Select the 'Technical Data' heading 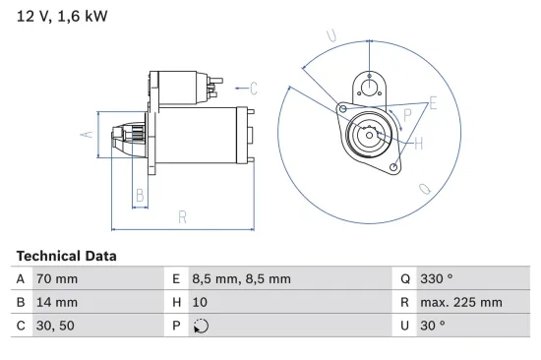click(x=66, y=255)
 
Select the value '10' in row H click(x=201, y=302)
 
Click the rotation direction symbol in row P click(x=201, y=326)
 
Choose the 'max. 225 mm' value click(x=462, y=302)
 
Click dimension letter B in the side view click(x=140, y=196)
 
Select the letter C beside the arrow click(x=253, y=89)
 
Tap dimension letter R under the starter click(x=183, y=216)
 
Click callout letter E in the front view click(x=433, y=102)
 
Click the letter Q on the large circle click(x=424, y=187)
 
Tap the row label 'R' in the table click(x=405, y=302)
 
